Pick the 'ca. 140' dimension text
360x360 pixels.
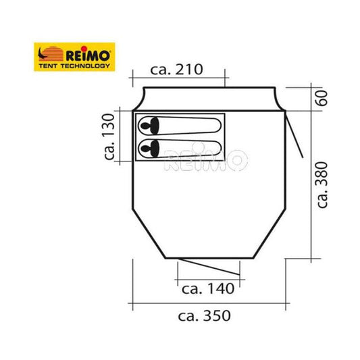pos(208,289)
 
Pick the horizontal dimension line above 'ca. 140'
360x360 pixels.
pos(208,278)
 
